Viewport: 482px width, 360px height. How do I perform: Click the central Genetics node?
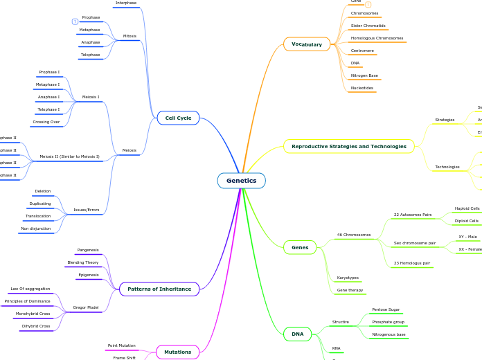click(241, 181)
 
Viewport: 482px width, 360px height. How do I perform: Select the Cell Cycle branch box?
click(178, 118)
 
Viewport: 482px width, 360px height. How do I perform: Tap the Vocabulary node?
click(307, 44)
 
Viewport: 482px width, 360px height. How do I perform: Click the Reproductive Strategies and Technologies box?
click(349, 146)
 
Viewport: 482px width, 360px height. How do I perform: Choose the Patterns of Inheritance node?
click(159, 289)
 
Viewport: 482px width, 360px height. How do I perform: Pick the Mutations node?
click(178, 352)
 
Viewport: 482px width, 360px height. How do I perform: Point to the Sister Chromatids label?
click(368, 26)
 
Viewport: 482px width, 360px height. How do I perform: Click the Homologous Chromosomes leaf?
click(377, 38)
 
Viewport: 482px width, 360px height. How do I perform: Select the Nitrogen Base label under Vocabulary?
click(364, 75)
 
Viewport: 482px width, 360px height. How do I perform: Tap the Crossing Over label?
click(46, 122)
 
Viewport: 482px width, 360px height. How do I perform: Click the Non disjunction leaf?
click(35, 228)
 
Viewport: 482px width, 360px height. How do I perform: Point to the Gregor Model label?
click(86, 307)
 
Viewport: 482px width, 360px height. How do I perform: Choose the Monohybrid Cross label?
click(33, 314)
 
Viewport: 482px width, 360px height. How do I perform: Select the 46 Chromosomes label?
click(354, 235)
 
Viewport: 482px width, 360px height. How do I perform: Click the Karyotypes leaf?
click(348, 278)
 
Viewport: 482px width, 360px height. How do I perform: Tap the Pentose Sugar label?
click(386, 309)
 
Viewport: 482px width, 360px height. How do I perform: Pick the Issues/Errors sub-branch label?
click(87, 210)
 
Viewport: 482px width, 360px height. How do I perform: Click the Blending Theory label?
click(83, 262)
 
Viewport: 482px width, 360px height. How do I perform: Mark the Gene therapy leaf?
click(350, 290)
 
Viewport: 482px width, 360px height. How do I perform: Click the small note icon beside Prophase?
click(75, 21)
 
